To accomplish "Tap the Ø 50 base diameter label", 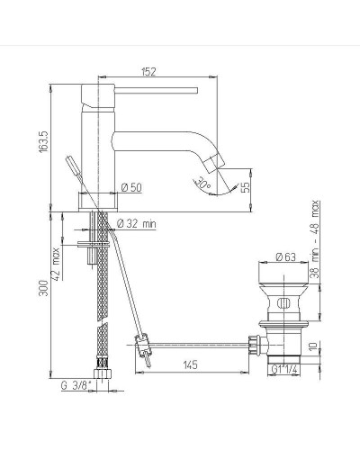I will click(x=130, y=187).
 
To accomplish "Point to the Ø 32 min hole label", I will click(x=138, y=222).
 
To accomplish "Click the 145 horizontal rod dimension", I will click(x=190, y=364).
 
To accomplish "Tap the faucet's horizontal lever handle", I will click(x=153, y=90).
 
